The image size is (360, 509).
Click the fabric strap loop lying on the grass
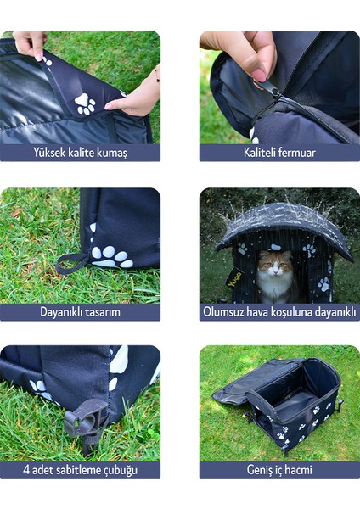click(72, 261)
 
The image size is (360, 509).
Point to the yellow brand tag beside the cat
click(234, 277)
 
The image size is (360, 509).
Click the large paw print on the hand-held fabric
click(85, 103)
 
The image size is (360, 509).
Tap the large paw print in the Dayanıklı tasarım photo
click(110, 255)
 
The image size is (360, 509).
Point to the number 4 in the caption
click(26, 469)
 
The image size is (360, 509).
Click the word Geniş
click(256, 469)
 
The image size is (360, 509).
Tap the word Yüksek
click(51, 153)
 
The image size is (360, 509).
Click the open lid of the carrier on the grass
click(239, 394)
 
